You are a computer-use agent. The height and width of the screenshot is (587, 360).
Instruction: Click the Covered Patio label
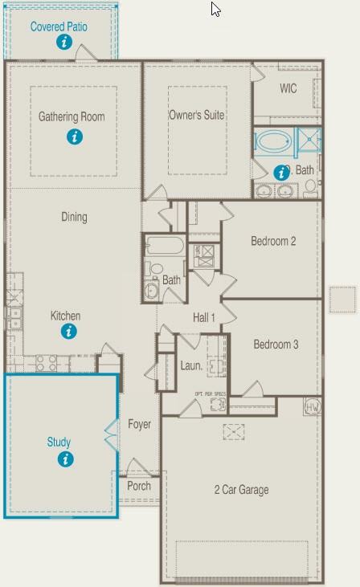tap(59, 26)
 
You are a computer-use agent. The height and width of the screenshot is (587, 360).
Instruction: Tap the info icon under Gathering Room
tap(74, 137)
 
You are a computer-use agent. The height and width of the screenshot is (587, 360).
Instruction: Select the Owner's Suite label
tap(196, 115)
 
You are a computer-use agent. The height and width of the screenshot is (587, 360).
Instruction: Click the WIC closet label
tap(288, 88)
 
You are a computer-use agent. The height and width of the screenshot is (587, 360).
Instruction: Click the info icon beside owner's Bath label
tap(281, 172)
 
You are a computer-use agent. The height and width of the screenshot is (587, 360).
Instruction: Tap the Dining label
tap(74, 217)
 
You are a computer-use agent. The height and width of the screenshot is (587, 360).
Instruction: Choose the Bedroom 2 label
tap(273, 241)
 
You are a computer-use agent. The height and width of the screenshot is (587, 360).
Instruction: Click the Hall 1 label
tap(204, 318)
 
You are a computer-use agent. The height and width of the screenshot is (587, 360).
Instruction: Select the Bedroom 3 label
tap(276, 344)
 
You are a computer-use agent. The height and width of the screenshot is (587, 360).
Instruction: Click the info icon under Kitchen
tap(69, 331)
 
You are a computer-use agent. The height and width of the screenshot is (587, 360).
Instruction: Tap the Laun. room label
tap(191, 365)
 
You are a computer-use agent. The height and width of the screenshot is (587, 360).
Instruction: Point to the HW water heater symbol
tap(313, 407)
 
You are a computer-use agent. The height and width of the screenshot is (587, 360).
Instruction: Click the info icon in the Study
tap(65, 459)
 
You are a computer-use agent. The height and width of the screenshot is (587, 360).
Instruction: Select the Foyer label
tap(140, 424)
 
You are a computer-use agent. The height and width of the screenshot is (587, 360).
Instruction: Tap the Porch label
tap(139, 485)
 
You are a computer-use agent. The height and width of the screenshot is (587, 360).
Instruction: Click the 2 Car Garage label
tap(241, 490)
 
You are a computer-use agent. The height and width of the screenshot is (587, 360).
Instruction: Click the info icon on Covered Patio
tap(64, 43)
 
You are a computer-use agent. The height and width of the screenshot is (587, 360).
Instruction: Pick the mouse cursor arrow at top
tap(215, 9)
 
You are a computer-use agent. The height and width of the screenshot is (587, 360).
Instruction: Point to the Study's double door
tap(112, 436)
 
